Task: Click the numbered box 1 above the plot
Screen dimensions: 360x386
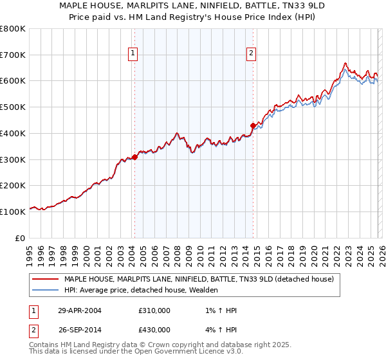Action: (133, 54)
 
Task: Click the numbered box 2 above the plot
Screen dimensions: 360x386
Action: (251, 54)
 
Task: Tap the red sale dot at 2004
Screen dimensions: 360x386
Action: (134, 157)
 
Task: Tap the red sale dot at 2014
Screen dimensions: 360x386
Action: (253, 125)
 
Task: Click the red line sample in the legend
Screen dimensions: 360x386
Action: (46, 280)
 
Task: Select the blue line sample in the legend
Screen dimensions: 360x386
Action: (46, 291)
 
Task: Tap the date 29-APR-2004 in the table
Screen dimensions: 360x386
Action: (79, 310)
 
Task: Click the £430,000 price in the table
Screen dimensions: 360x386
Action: (154, 330)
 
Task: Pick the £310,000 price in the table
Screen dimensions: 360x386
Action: (154, 310)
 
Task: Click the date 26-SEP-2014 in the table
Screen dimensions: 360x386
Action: (79, 330)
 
